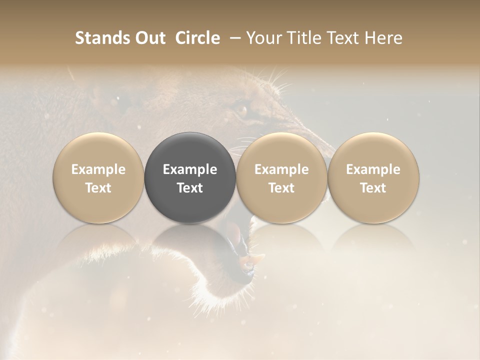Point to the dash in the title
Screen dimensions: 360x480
pos(233,38)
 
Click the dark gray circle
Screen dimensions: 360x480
pos(190,150)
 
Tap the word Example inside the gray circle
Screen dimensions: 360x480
pos(190,169)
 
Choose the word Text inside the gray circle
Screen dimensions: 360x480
pos(190,188)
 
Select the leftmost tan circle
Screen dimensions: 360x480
pos(98,150)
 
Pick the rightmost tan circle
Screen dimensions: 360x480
pos(373,150)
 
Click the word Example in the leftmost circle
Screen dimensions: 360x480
pos(98,169)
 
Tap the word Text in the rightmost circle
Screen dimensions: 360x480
pos(373,188)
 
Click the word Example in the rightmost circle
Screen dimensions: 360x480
pos(373,169)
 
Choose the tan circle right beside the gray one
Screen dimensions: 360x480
pos(281,150)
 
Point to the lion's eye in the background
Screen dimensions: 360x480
pos(242,109)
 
